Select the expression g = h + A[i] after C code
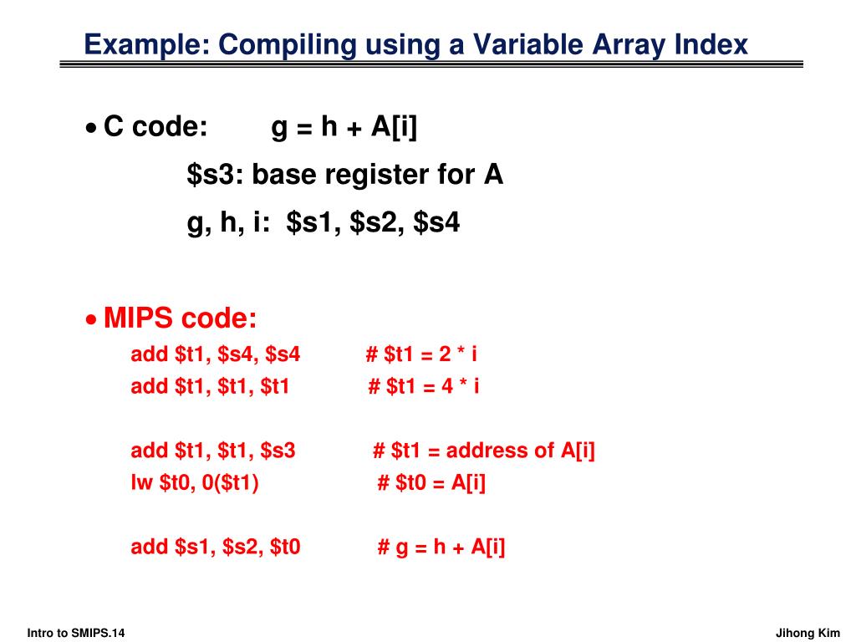344,128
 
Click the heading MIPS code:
181,318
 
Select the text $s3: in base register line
216,176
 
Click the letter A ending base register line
493,175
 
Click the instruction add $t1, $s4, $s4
215,355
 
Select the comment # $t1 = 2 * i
421,355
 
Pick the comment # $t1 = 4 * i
424,387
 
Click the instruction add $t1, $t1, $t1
210,387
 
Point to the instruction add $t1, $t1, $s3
213,451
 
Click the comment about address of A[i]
484,451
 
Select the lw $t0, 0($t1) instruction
195,483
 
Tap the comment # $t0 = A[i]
431,483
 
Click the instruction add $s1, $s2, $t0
216,548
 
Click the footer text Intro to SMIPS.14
76,633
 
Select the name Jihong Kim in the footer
808,633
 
